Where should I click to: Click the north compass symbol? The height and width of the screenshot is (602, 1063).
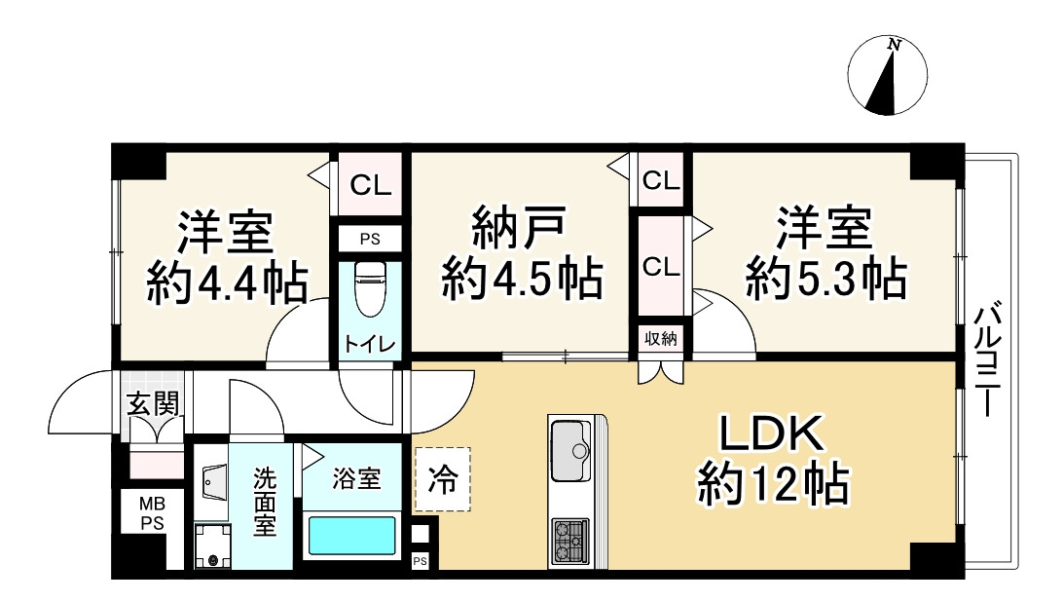pyautogui.click(x=886, y=77)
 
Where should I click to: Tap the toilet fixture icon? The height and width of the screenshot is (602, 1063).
pyautogui.click(x=369, y=288)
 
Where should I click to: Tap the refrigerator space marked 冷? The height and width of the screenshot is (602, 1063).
pyautogui.click(x=442, y=479)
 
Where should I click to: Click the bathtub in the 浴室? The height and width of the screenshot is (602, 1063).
pyautogui.click(x=352, y=536)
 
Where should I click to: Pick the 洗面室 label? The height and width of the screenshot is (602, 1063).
pyautogui.click(x=265, y=503)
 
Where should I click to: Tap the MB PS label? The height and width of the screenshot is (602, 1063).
pyautogui.click(x=149, y=512)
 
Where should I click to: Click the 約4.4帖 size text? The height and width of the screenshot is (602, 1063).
pyautogui.click(x=227, y=283)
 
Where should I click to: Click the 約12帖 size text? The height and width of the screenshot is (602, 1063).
pyautogui.click(x=772, y=484)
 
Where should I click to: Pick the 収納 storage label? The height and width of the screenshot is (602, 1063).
pyautogui.click(x=661, y=339)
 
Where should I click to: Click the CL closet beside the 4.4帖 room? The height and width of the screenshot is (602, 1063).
pyautogui.click(x=369, y=184)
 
